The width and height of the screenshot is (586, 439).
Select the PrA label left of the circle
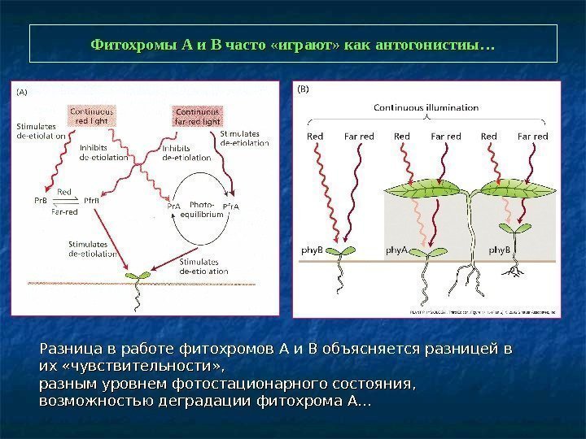[173, 206]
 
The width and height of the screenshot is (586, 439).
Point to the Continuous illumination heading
[426, 106]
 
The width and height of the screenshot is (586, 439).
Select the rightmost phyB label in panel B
[499, 251]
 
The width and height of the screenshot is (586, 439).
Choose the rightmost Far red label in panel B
[533, 136]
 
